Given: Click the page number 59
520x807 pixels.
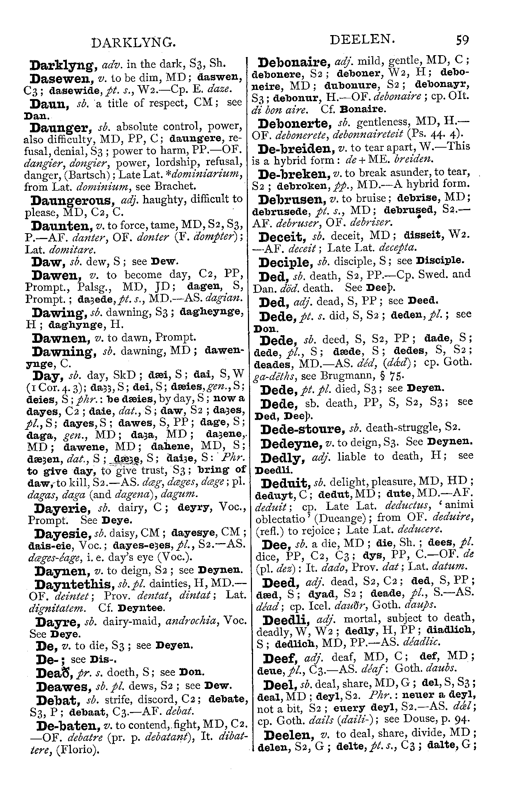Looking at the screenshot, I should coord(462,40).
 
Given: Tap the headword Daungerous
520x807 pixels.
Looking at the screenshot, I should coord(72,200).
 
